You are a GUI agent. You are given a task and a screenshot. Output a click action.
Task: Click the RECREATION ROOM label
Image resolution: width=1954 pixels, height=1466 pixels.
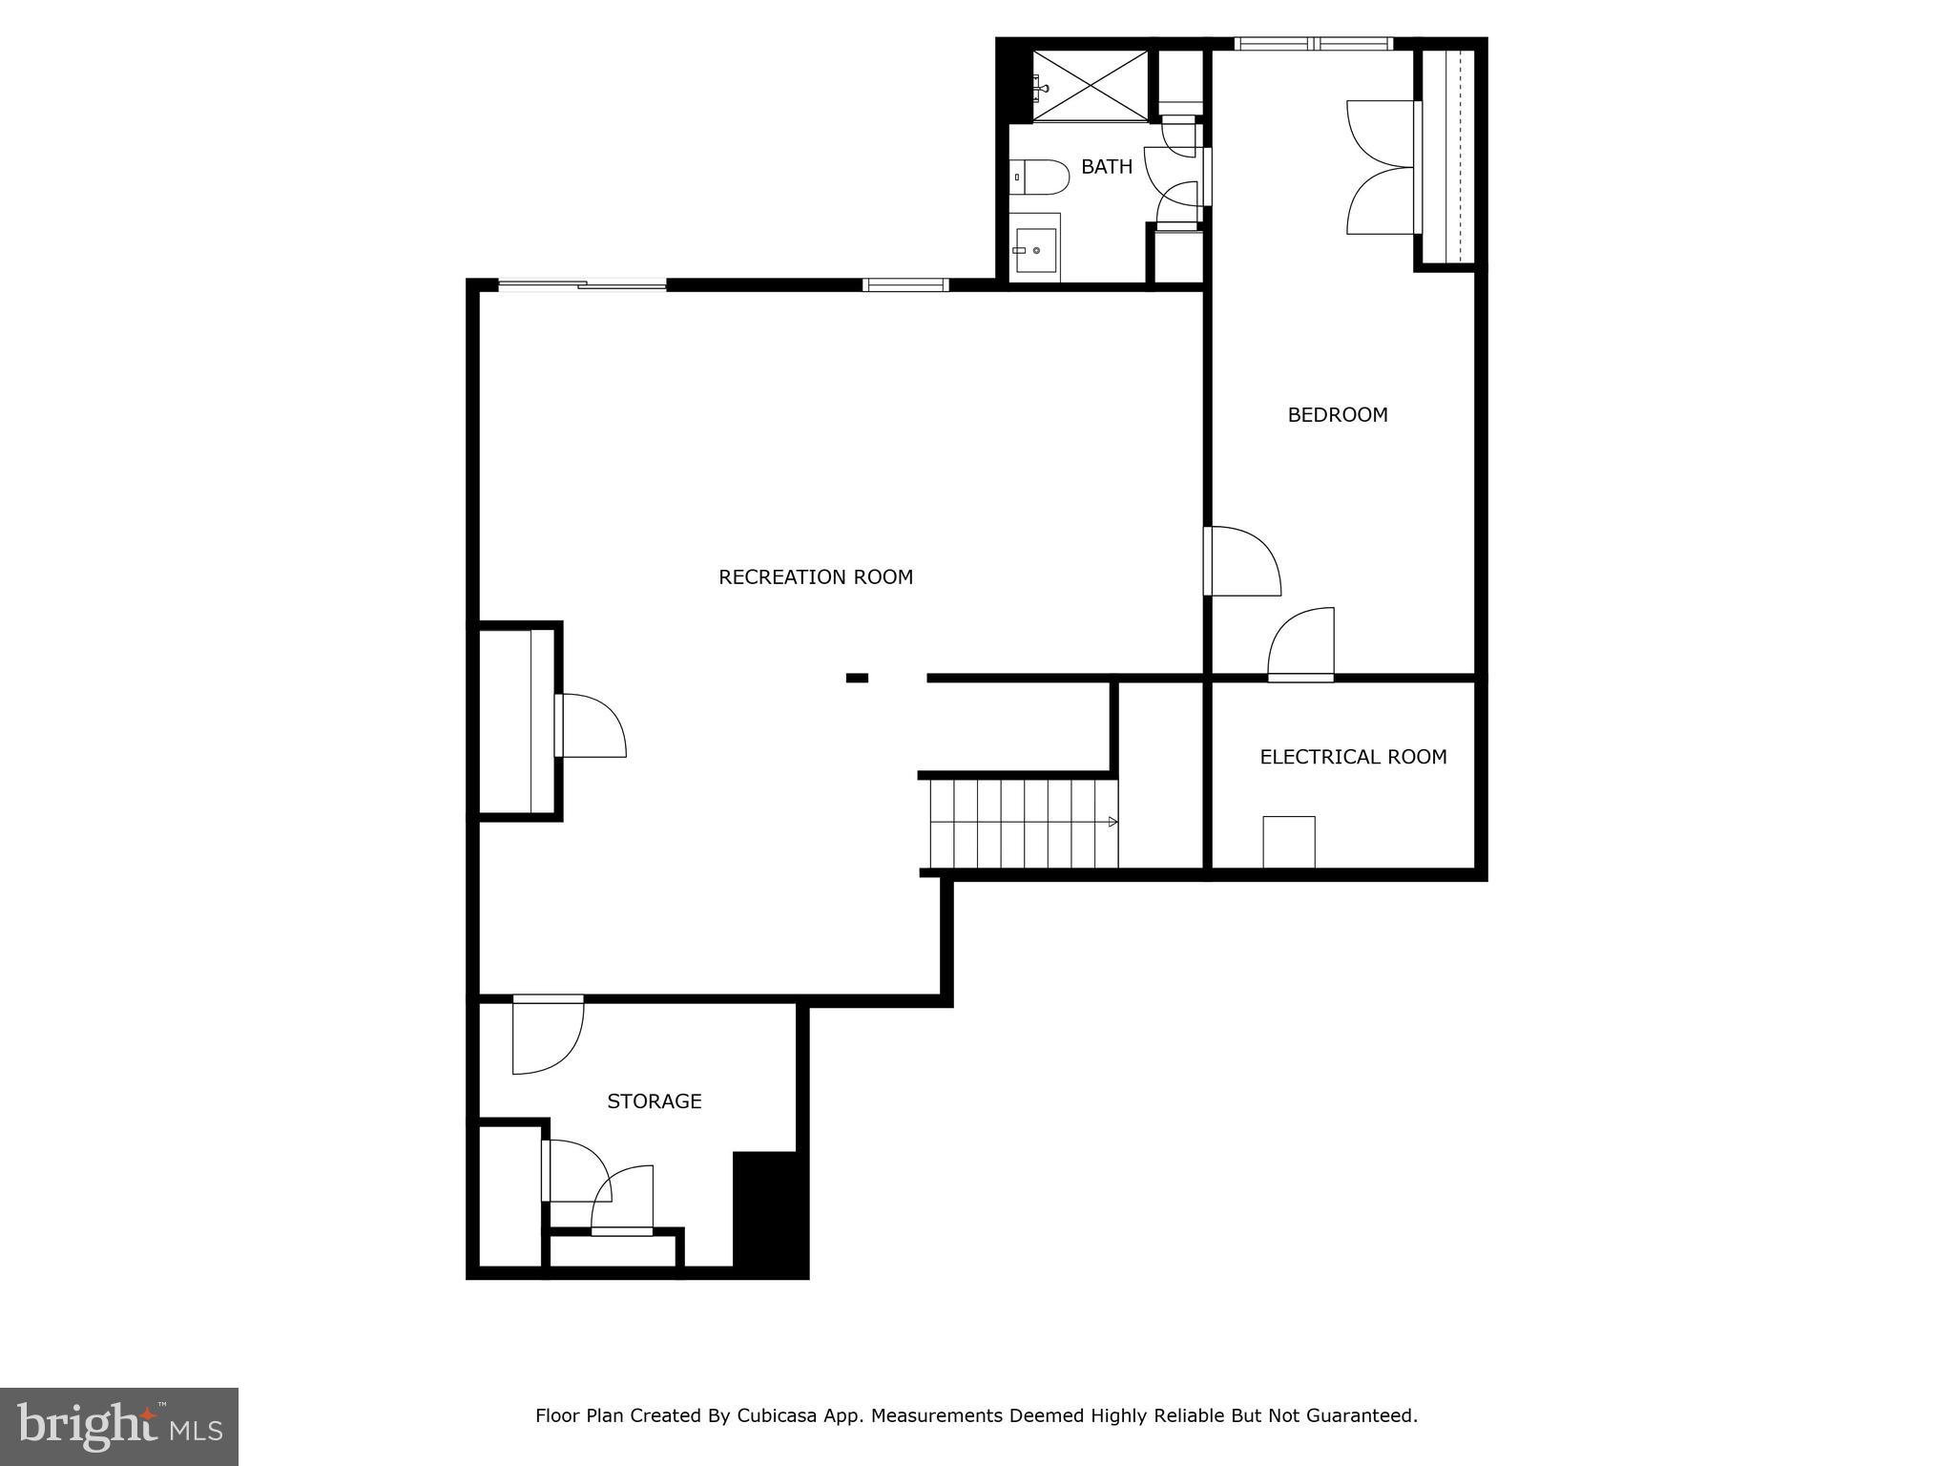[816, 576]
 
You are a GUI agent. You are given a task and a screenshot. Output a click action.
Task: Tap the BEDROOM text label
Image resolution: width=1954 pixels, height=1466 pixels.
[1338, 414]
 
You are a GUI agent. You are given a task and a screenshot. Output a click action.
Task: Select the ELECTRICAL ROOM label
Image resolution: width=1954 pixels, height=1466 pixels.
[1353, 757]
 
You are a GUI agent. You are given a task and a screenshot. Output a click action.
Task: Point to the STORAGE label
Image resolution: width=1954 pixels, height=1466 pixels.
[655, 1101]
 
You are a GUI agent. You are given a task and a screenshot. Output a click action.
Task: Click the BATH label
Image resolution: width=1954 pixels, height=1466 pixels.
[1107, 167]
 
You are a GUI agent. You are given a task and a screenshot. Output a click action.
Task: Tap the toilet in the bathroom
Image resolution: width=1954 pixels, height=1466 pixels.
[1040, 177]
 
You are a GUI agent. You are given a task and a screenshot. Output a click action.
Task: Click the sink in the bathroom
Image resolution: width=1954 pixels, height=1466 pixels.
[1035, 250]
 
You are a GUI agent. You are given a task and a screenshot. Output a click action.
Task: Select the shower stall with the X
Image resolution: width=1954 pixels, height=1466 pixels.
[1091, 86]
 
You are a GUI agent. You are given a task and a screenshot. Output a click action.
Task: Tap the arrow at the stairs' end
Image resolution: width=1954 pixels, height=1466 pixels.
[1112, 822]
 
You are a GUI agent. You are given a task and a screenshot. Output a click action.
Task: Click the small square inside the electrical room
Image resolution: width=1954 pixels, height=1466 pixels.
[1289, 842]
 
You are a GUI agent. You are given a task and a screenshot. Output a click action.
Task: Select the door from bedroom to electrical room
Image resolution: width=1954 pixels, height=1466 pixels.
[1301, 645]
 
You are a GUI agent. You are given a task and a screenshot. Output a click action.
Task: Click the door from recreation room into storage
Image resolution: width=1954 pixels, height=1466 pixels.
[547, 1035]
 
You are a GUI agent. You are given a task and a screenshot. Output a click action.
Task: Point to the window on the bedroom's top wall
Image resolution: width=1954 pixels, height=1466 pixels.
[1314, 44]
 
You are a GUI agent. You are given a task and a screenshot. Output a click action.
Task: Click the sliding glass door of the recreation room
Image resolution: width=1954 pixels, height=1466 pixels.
[582, 284]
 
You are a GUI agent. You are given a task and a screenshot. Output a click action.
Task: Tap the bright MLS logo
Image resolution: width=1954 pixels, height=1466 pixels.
[119, 1426]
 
